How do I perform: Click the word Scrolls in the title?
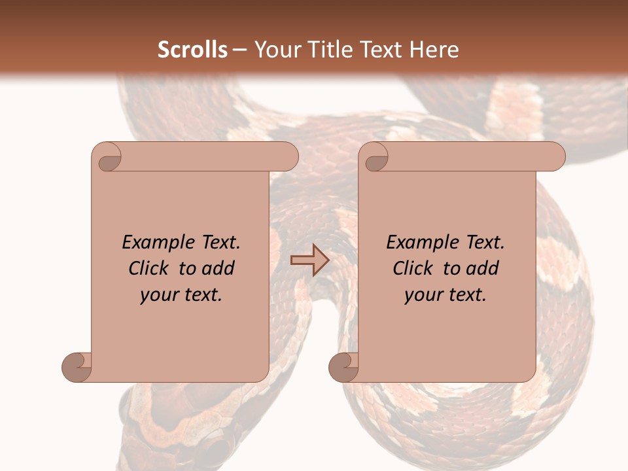coord(192,50)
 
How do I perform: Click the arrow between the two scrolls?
coord(309,260)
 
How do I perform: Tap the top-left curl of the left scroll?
coord(107,158)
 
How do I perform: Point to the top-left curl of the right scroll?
coord(375,158)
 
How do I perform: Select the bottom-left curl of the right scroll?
coord(344,366)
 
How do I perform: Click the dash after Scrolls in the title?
coord(239,50)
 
